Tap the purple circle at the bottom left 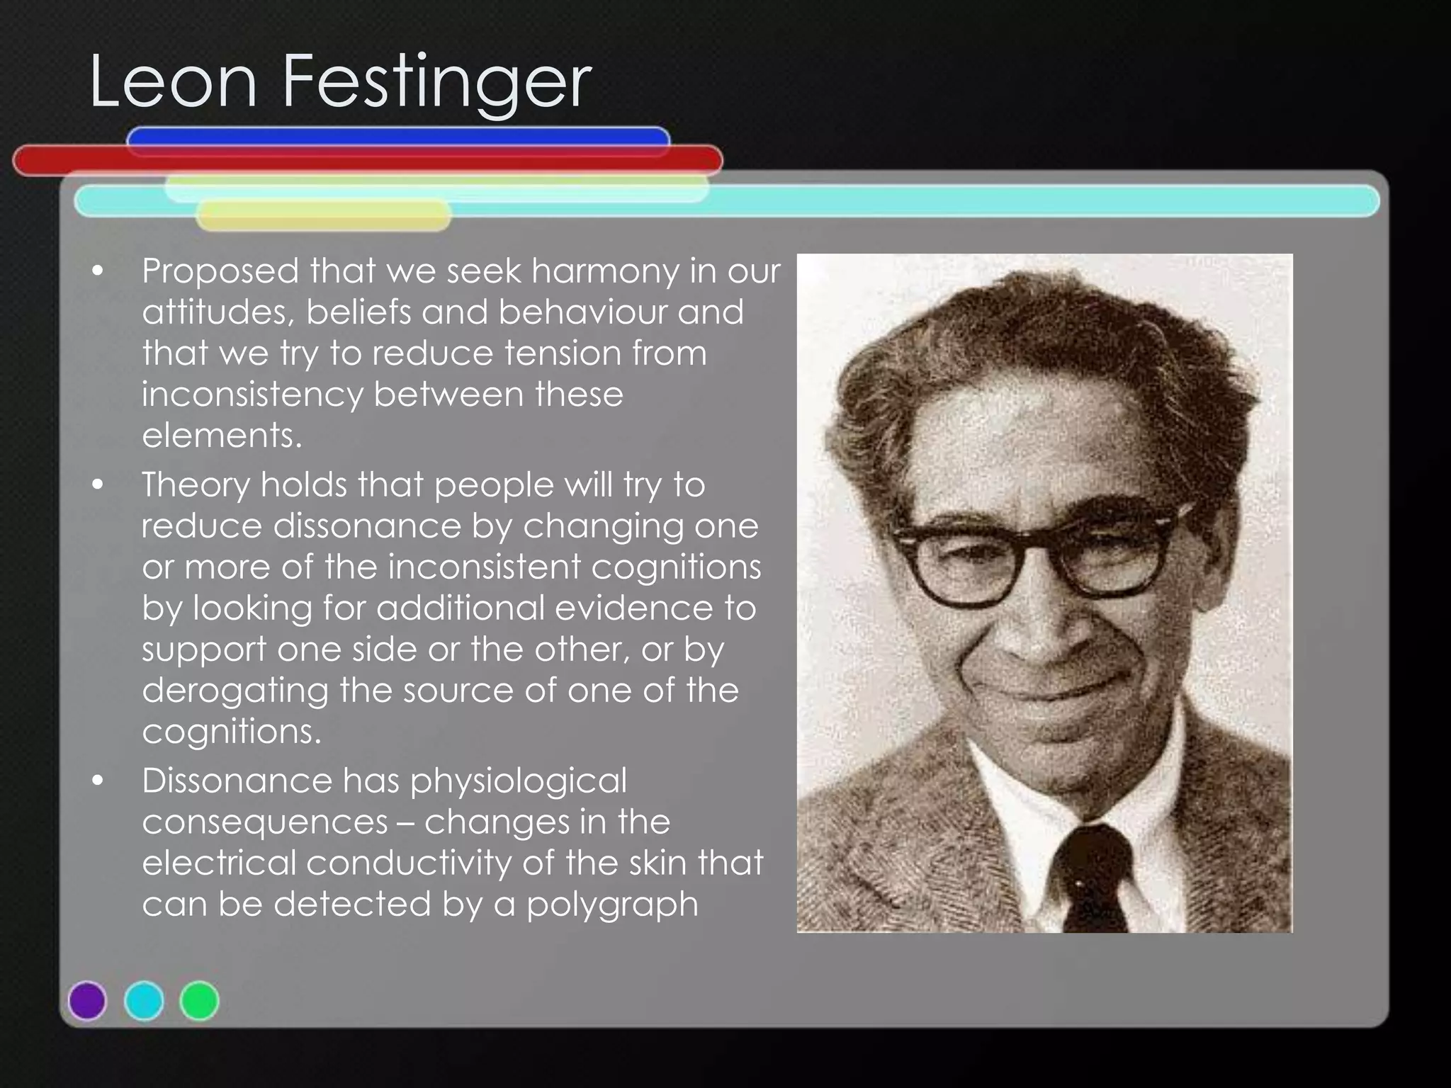pyautogui.click(x=87, y=1000)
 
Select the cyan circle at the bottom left pyautogui.click(x=144, y=1000)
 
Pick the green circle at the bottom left pyautogui.click(x=200, y=1000)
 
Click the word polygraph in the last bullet pyautogui.click(x=612, y=905)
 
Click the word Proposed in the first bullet pyautogui.click(x=220, y=272)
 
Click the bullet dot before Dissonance pyautogui.click(x=98, y=781)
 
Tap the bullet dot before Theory pyautogui.click(x=98, y=485)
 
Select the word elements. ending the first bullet pyautogui.click(x=222, y=436)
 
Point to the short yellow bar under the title pyautogui.click(x=323, y=215)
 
